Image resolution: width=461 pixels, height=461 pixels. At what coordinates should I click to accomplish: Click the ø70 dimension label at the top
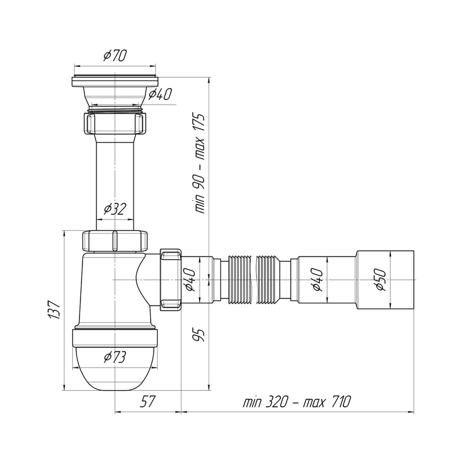(x=115, y=56)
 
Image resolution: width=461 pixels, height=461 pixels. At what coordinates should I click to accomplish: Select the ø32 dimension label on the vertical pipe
(x=115, y=210)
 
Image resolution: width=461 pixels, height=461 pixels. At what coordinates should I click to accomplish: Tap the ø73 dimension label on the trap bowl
(x=115, y=357)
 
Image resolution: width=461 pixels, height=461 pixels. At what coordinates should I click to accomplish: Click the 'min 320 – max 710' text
(x=297, y=401)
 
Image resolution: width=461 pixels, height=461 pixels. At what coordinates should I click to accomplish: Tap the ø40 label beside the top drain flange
(x=160, y=94)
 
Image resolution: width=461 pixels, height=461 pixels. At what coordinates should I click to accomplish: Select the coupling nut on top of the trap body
(x=115, y=241)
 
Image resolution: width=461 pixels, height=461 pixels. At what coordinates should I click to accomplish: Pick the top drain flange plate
(x=115, y=81)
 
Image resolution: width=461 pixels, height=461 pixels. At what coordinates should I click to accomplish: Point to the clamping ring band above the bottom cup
(x=115, y=338)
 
